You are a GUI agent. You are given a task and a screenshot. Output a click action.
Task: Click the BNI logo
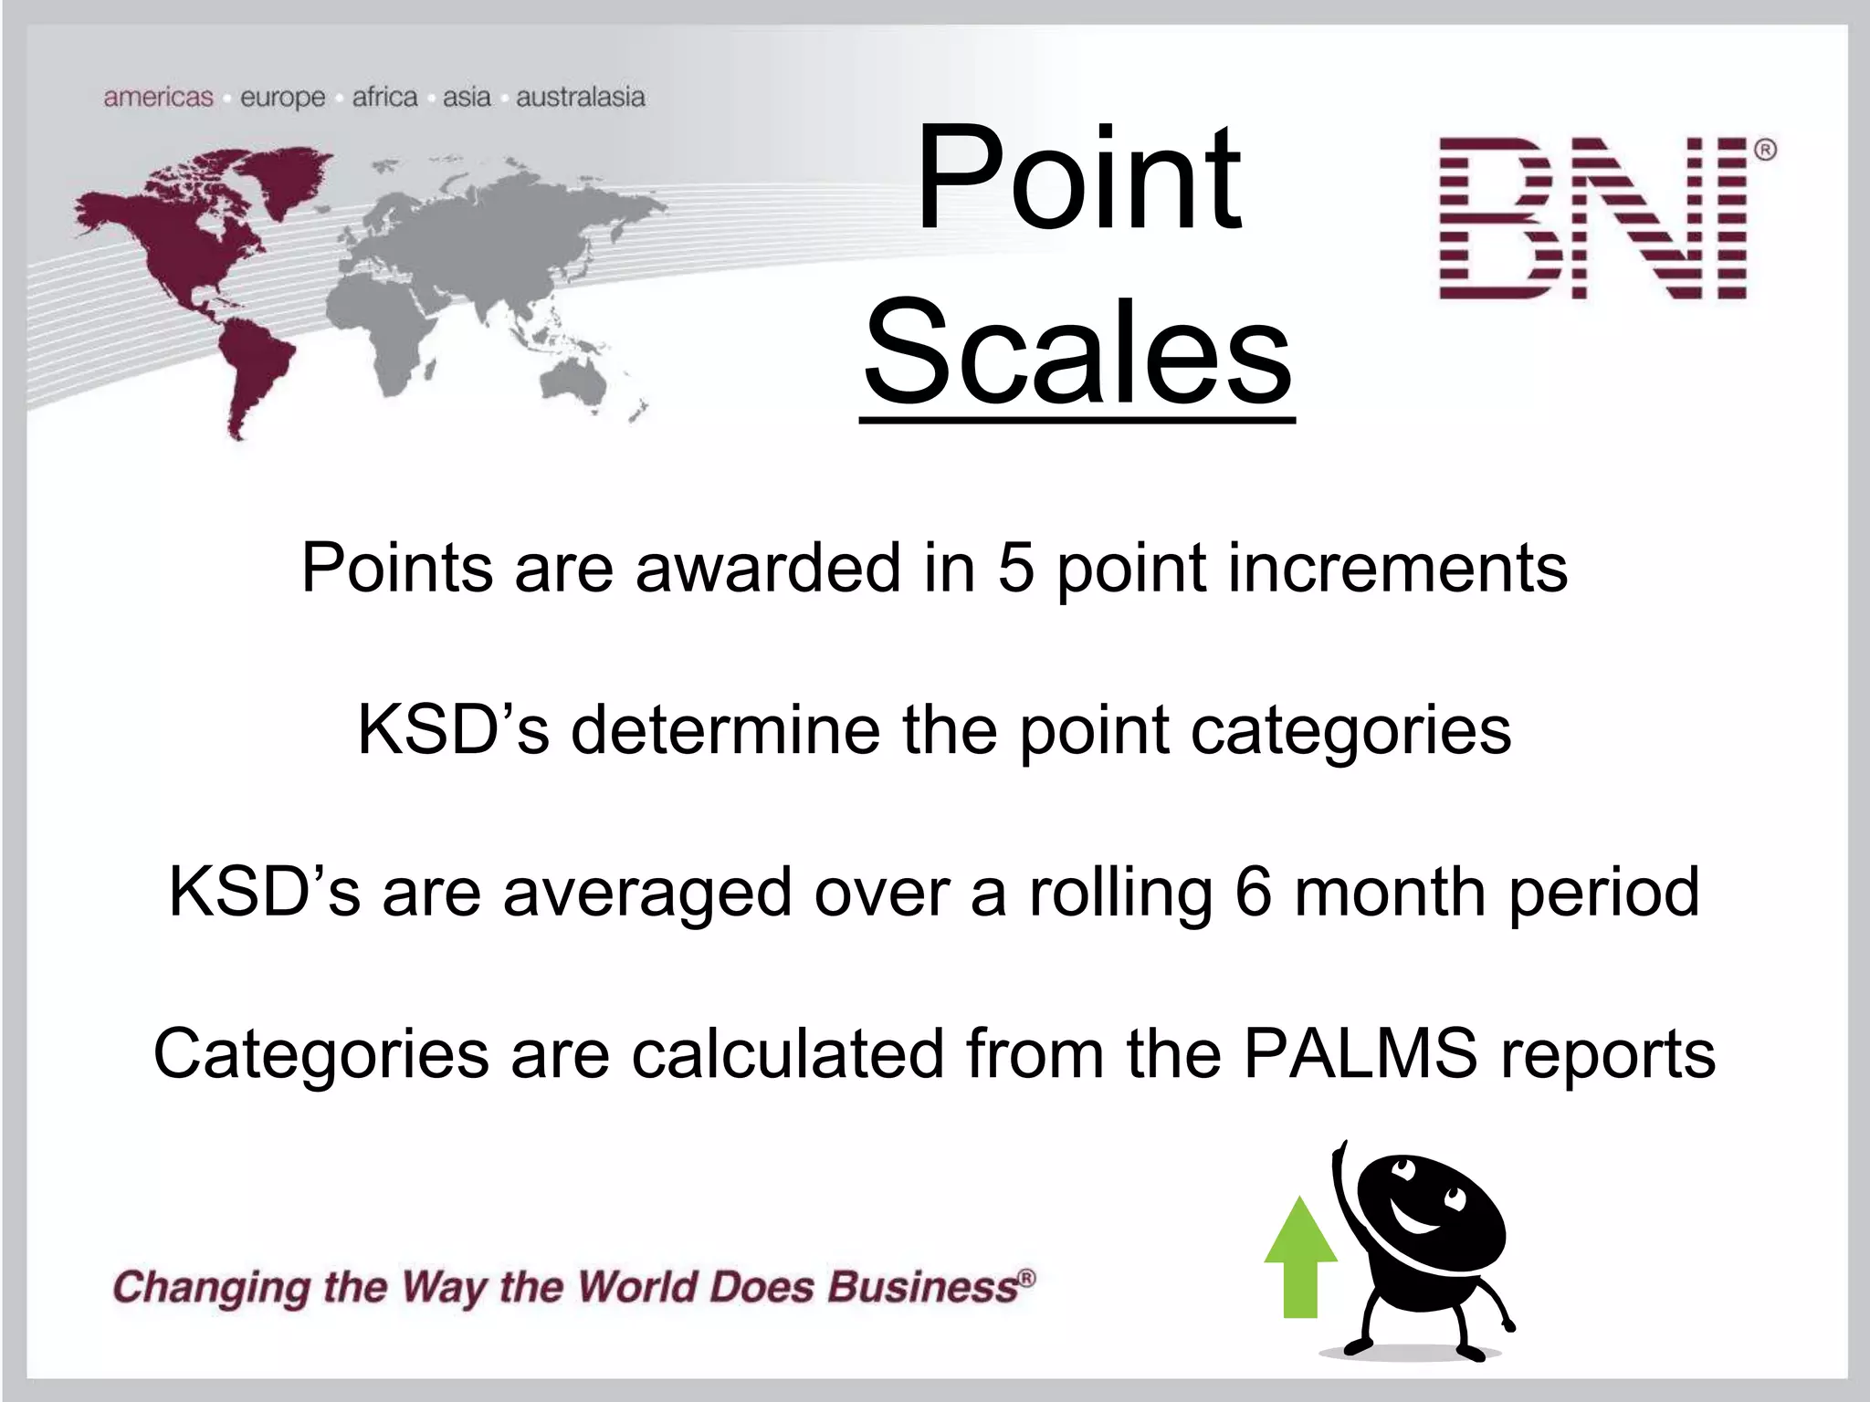(1593, 218)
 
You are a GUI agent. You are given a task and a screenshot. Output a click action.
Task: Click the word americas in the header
(158, 97)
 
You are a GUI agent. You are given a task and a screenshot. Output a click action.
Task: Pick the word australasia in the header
(581, 97)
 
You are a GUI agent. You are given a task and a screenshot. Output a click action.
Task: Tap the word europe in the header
(282, 98)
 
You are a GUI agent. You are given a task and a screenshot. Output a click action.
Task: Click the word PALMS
(1360, 1053)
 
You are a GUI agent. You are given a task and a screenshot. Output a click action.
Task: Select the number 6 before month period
(1253, 892)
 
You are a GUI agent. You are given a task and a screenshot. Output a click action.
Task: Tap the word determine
(726, 730)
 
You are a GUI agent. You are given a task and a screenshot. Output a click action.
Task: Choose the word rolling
(1120, 893)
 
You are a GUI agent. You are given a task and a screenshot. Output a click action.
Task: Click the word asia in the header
(467, 97)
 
